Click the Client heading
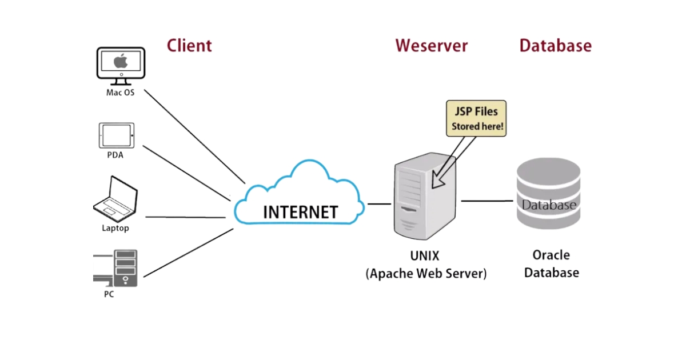189,46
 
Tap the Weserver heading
431,46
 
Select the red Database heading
555,46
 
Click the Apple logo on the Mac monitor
120,61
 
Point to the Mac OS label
120,92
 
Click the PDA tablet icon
116,135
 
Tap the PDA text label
115,154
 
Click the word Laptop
115,228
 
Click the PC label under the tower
108,295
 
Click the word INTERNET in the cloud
300,212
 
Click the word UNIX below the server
425,255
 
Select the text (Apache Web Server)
426,273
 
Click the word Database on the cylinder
548,205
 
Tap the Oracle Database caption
551,263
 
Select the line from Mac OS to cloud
194,135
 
